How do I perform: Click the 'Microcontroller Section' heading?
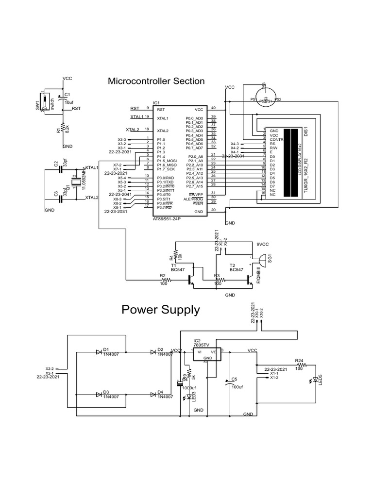tap(156, 81)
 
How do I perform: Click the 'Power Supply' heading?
tap(160, 310)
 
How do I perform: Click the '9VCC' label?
tap(263, 245)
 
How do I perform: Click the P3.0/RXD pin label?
tap(166, 178)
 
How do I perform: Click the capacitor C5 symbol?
tap(228, 383)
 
